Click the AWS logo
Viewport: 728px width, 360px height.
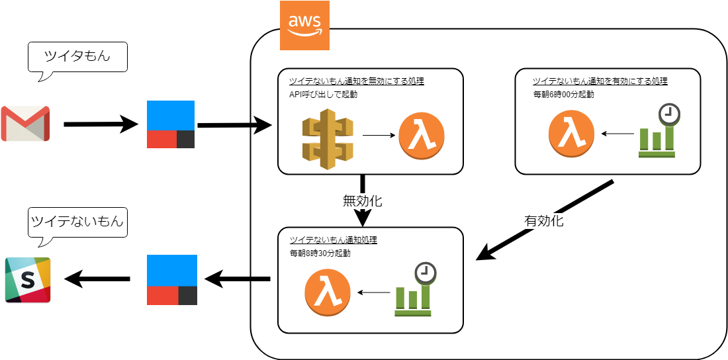point(304,26)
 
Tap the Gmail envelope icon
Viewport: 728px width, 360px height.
point(25,123)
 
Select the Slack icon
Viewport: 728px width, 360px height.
point(28,280)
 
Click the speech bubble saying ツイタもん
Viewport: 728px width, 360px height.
point(77,58)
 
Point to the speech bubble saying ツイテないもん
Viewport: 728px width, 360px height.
point(77,222)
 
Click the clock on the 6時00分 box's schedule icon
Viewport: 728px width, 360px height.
point(670,114)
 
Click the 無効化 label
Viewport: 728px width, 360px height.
point(362,201)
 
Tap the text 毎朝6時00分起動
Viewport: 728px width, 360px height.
point(563,94)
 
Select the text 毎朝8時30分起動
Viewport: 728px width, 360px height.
point(320,253)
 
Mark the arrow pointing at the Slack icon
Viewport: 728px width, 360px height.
point(97,280)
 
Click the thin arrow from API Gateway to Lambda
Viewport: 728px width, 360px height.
point(379,136)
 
